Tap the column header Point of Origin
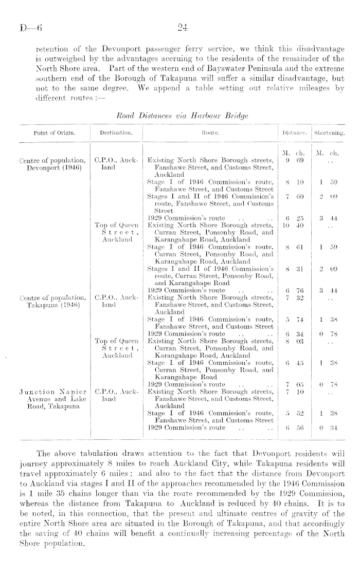coord(54,133)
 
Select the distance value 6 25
coord(291,217)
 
